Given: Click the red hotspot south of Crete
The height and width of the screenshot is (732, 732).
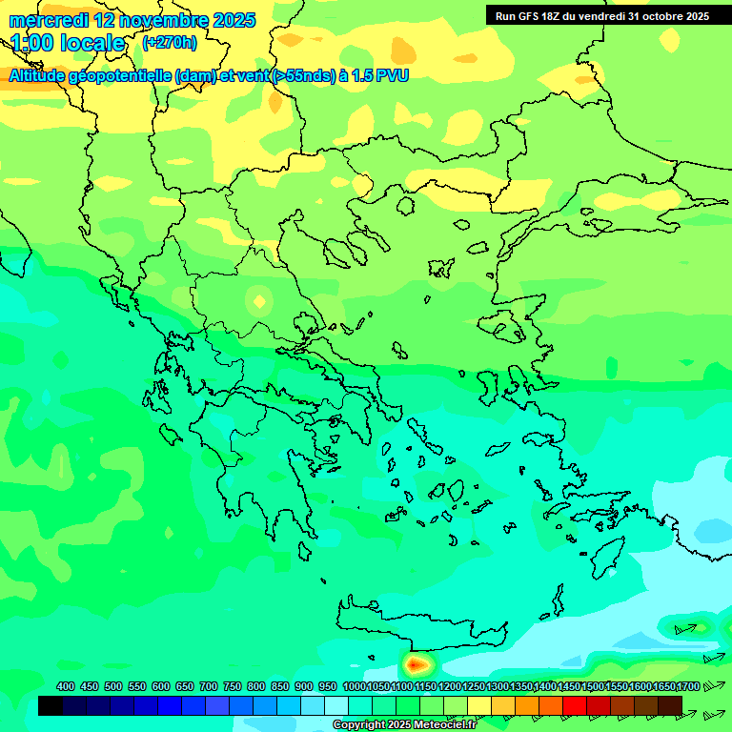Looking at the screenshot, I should coord(415,662).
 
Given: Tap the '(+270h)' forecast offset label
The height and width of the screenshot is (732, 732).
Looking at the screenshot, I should coord(170,42).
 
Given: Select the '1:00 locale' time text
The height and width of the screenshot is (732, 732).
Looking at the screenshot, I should coord(68,43).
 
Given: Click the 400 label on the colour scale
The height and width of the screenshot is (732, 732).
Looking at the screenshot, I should coord(66,686).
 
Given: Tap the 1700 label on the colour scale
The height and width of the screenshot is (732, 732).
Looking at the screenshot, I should coord(686,686).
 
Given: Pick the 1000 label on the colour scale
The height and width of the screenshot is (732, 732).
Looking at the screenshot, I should coord(354,686).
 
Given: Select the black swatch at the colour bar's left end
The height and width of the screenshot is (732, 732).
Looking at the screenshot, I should coord(51,705).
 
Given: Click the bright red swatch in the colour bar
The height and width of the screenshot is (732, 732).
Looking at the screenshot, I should coord(575,705).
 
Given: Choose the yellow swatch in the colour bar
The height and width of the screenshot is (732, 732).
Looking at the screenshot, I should coord(479,705).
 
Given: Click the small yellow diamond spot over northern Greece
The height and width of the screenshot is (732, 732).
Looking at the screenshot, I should coord(259,302).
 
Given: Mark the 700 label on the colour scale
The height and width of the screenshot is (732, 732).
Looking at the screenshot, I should coord(209,686).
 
